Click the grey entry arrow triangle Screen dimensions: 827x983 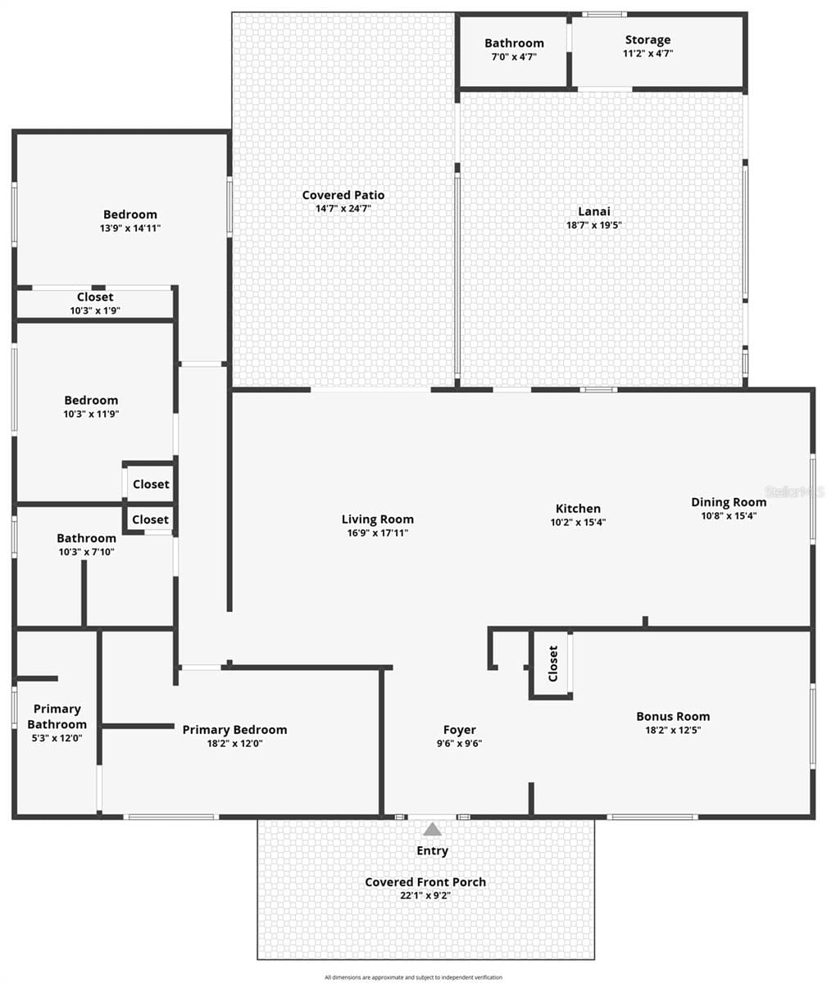tap(432, 829)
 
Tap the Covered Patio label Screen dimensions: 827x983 tap(343, 195)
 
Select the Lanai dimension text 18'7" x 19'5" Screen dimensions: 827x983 tap(594, 225)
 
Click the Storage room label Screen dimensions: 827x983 tap(648, 40)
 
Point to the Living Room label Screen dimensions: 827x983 tap(377, 519)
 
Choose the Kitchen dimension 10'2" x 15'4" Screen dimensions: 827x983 tap(578, 522)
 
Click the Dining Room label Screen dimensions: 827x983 tap(729, 502)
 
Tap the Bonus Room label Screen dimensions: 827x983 tap(673, 717)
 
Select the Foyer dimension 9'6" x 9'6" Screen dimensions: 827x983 tap(459, 743)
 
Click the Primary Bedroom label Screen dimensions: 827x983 tap(234, 730)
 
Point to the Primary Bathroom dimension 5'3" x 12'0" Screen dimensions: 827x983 tap(57, 738)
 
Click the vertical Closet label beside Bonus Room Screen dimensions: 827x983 tap(553, 664)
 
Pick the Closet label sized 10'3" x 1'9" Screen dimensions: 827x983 tap(95, 297)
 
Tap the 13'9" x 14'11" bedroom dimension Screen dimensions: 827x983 tap(130, 229)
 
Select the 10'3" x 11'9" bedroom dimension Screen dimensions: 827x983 tap(91, 414)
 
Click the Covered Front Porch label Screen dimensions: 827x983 tap(425, 881)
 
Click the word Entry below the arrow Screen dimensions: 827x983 tap(432, 851)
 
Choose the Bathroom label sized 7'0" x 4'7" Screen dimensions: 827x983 tap(514, 43)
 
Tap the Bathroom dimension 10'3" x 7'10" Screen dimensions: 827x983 tap(86, 552)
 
